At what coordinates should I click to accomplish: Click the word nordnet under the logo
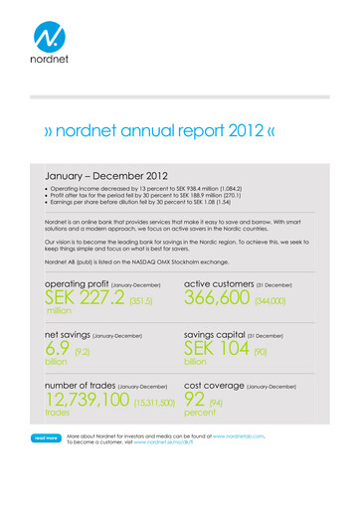click(x=48, y=73)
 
